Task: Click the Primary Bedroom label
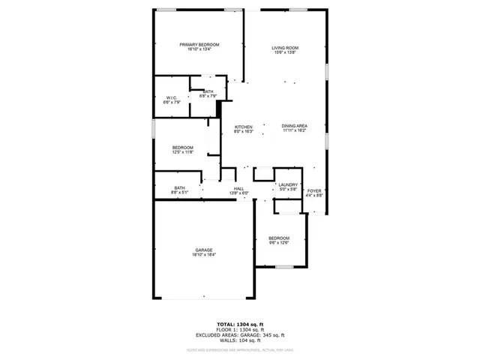pyautogui.click(x=199, y=45)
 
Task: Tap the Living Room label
pyautogui.click(x=284, y=48)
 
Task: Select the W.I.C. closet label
pyautogui.click(x=171, y=98)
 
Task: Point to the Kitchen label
pyautogui.click(x=243, y=126)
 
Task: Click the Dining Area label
pyautogui.click(x=294, y=126)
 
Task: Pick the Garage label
pyautogui.click(x=204, y=250)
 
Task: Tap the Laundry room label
pyautogui.click(x=288, y=184)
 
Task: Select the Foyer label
pyautogui.click(x=313, y=190)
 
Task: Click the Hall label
pyautogui.click(x=238, y=188)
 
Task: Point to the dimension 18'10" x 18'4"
pyautogui.click(x=204, y=255)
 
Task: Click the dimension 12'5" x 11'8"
pyautogui.click(x=183, y=152)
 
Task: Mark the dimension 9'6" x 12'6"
pyautogui.click(x=279, y=243)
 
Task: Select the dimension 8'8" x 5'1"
pyautogui.click(x=180, y=193)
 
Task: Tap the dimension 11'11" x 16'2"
pyautogui.click(x=294, y=131)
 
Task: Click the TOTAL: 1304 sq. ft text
pyautogui.click(x=239, y=324)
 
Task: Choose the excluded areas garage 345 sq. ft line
pyautogui.click(x=239, y=334)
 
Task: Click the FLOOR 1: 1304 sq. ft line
pyautogui.click(x=239, y=329)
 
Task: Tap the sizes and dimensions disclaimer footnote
pyautogui.click(x=239, y=349)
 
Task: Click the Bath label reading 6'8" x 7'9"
pyautogui.click(x=208, y=96)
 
